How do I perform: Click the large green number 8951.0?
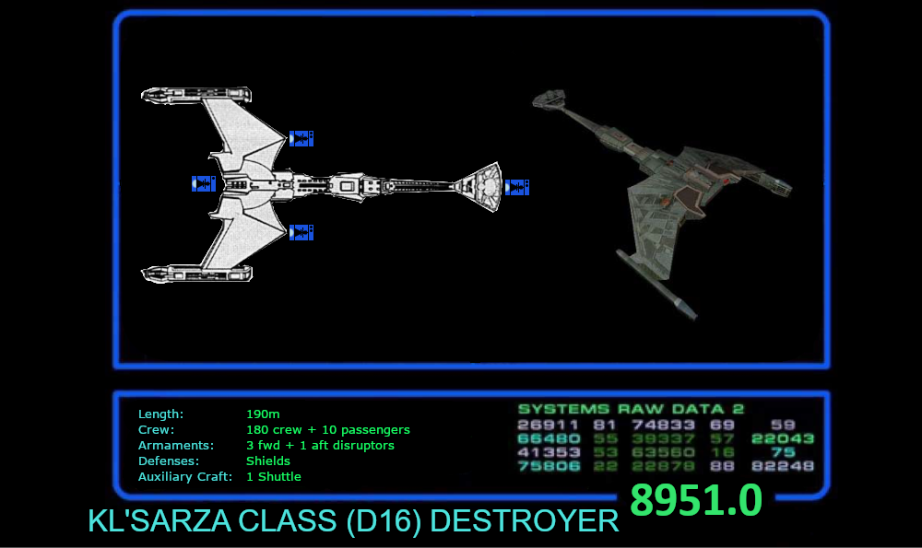(695, 501)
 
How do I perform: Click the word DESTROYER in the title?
(525, 521)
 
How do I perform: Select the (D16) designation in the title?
(385, 521)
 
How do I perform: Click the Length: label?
(160, 414)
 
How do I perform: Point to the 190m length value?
(263, 414)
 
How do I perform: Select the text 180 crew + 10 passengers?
(327, 430)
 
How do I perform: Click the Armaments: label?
(175, 446)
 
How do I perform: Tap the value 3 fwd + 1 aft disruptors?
(320, 446)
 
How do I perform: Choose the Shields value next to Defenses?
(267, 461)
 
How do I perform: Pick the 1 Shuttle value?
(273, 477)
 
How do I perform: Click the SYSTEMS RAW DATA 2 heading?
(631, 409)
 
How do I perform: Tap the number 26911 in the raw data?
(549, 425)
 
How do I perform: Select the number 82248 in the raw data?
(783, 466)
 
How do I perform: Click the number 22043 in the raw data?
(783, 438)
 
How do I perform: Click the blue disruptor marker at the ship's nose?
(516, 187)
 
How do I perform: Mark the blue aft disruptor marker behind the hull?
(203, 184)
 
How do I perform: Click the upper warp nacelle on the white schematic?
(195, 94)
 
